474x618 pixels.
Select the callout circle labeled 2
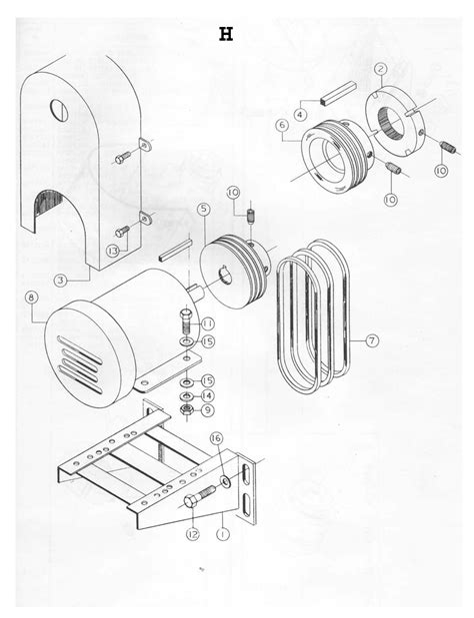point(381,69)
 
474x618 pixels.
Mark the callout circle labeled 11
point(208,323)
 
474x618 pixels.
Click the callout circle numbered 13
point(113,251)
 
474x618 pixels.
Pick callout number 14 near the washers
point(207,394)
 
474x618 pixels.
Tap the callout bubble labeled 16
point(216,438)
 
